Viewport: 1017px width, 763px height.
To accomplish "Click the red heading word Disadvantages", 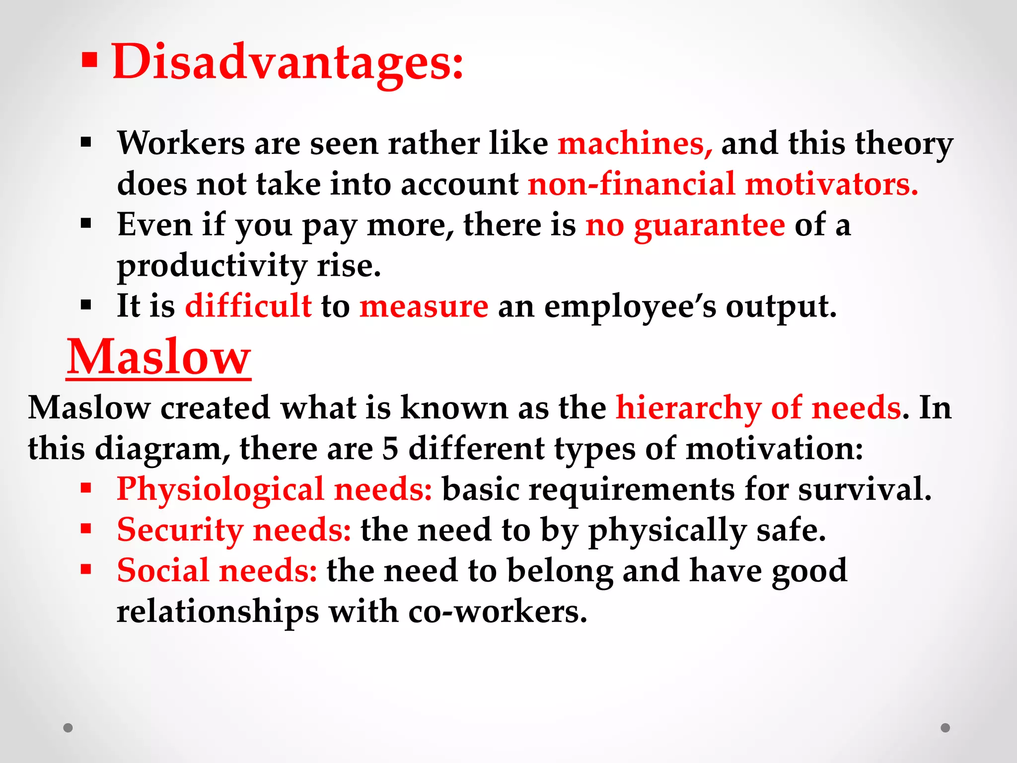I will (x=288, y=62).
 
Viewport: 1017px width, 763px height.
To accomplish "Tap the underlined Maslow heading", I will (x=158, y=358).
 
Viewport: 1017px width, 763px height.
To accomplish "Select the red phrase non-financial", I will (x=631, y=184).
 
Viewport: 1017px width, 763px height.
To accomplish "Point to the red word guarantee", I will (x=710, y=225).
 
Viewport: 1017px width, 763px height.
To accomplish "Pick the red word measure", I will (x=424, y=306).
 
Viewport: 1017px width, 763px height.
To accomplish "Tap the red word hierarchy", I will (x=688, y=408).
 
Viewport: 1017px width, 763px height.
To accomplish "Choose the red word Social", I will (x=163, y=571).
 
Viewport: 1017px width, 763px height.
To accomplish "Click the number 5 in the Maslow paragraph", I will (x=390, y=449).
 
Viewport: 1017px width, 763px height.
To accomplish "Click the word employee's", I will (x=630, y=306).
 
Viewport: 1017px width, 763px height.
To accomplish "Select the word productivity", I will (x=212, y=267).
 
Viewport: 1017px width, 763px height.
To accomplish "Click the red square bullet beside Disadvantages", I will (x=89, y=61).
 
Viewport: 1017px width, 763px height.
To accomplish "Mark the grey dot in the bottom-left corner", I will (x=68, y=728).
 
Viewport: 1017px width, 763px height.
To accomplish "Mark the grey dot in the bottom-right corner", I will (x=945, y=728).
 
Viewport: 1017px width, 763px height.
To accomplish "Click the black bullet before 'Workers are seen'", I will (x=86, y=143).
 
